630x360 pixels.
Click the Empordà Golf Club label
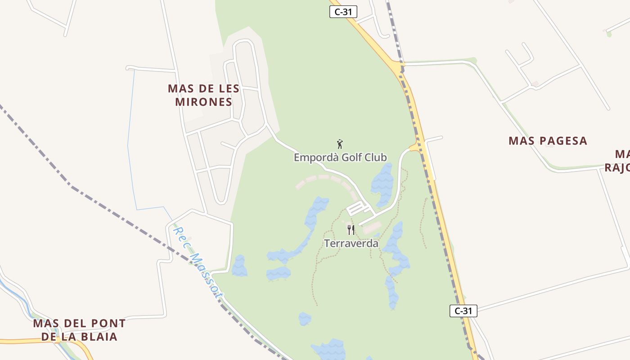click(340, 157)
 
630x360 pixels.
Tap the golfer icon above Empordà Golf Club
click(340, 144)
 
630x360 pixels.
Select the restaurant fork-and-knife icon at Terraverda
click(351, 230)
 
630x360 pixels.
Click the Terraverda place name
click(351, 243)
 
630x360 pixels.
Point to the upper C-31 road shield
click(343, 12)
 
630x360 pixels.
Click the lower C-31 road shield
click(463, 310)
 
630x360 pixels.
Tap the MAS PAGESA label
click(548, 141)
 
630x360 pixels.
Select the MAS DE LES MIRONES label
click(203, 95)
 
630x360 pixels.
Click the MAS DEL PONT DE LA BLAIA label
click(79, 330)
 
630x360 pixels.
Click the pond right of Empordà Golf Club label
click(382, 184)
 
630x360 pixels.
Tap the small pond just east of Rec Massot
click(239, 266)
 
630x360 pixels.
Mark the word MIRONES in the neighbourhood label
click(203, 102)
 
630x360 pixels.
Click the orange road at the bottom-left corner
click(27, 341)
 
